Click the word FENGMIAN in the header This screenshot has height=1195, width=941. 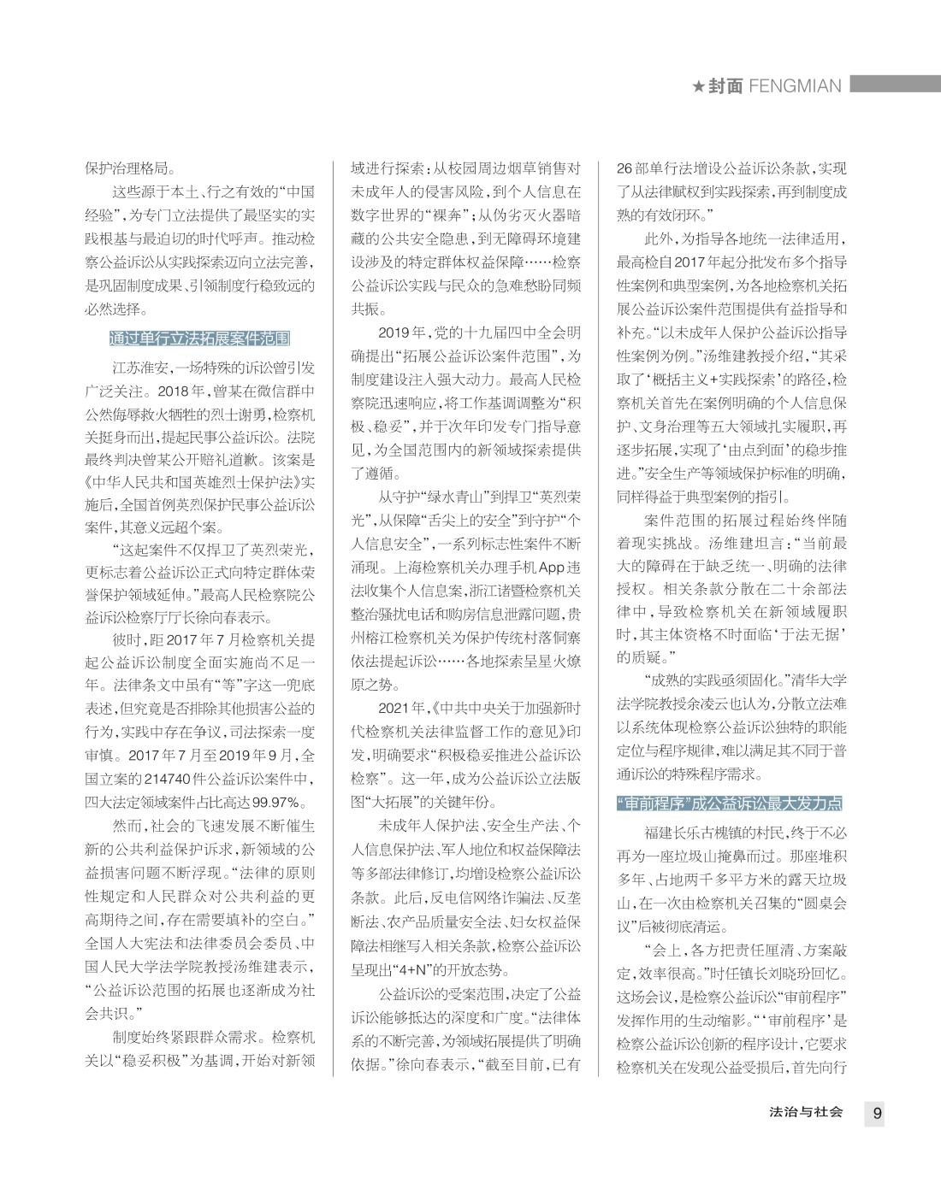(795, 86)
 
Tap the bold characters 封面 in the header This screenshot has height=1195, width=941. (725, 86)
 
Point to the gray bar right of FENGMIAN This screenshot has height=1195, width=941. (894, 84)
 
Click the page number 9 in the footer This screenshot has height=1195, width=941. (877, 1114)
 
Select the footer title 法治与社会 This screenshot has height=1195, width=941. (806, 1113)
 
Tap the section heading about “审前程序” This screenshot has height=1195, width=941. (729, 804)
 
